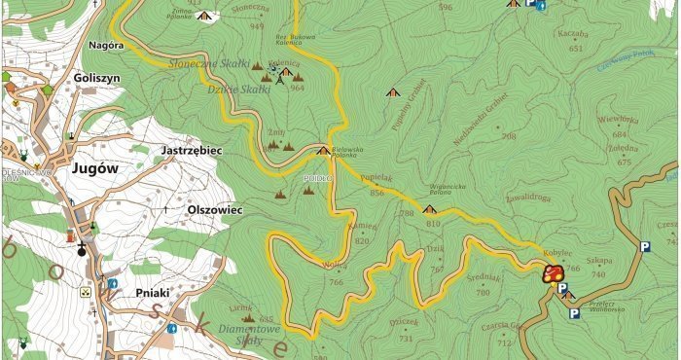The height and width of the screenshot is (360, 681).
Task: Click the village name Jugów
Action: [94, 168]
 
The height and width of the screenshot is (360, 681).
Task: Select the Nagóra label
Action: [106, 46]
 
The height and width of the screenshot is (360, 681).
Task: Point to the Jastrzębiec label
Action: [190, 152]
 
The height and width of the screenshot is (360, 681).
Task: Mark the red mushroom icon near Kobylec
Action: [553, 273]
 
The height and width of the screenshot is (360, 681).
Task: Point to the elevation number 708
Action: [509, 136]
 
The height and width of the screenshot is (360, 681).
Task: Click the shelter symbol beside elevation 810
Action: [429, 209]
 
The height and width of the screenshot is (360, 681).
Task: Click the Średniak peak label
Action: [483, 275]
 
